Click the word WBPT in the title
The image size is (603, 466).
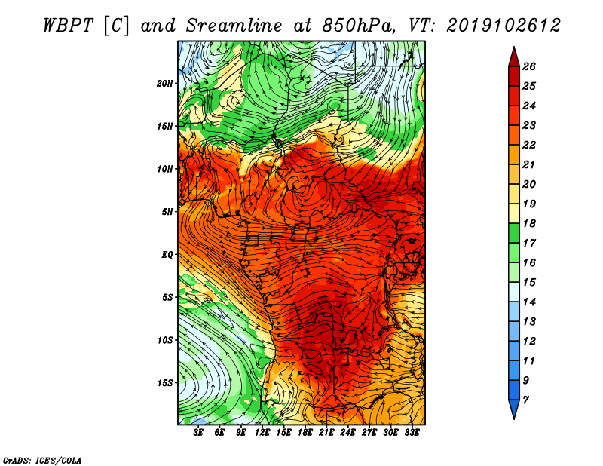[69, 25]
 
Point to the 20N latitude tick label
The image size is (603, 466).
[165, 83]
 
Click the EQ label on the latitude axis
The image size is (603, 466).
[167, 254]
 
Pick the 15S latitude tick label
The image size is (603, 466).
[165, 382]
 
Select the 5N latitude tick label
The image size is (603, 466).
[167, 211]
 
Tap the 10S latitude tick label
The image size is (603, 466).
[165, 340]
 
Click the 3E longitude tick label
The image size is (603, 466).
[199, 434]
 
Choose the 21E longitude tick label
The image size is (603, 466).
[326, 434]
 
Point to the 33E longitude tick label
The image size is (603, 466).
[412, 434]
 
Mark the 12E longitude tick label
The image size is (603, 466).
[262, 434]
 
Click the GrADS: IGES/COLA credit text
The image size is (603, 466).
[42, 459]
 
